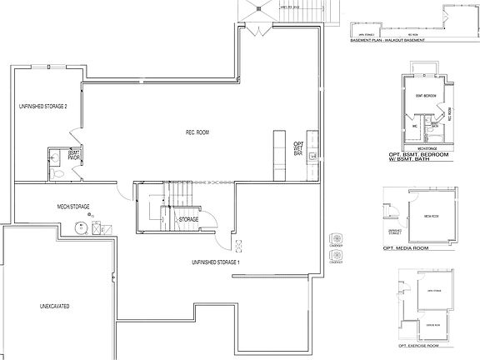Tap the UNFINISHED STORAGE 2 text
(43, 107)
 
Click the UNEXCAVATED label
(53, 307)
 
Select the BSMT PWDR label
(73, 155)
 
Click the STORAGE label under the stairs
(189, 220)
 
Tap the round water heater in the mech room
(84, 225)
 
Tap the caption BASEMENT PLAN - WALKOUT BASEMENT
(386, 39)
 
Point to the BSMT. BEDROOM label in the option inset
(426, 97)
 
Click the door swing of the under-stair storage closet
(212, 222)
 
